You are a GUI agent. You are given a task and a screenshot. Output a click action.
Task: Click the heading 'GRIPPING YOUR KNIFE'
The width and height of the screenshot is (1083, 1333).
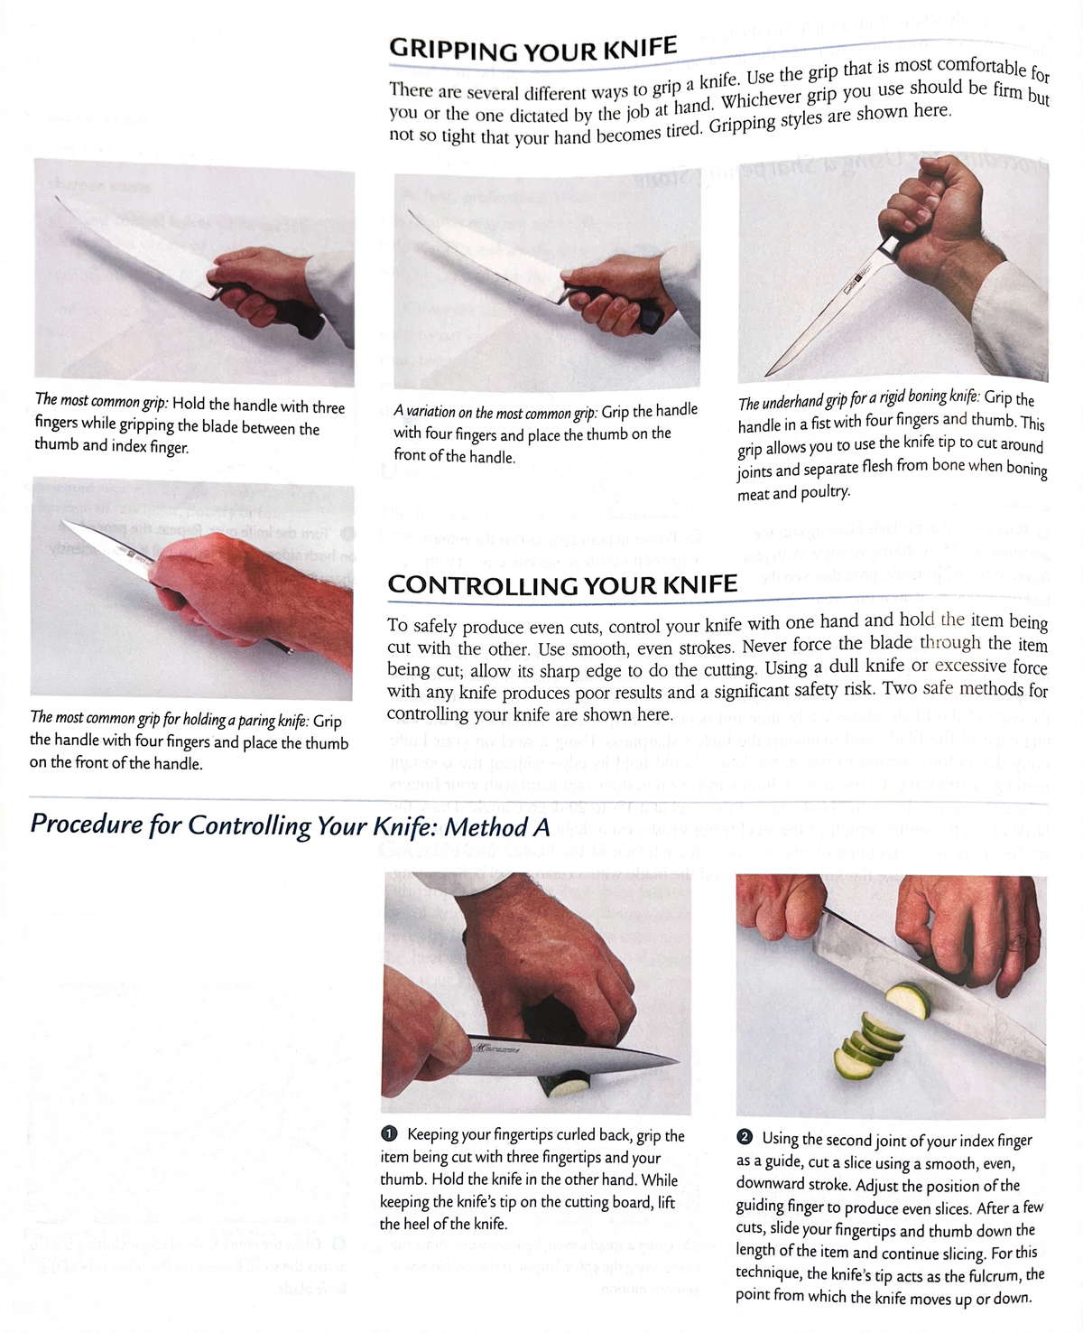[532, 49]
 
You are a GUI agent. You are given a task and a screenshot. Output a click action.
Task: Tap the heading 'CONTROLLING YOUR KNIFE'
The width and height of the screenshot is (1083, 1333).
[562, 585]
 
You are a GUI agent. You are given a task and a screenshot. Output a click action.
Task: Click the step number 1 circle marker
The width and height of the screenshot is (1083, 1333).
[390, 1134]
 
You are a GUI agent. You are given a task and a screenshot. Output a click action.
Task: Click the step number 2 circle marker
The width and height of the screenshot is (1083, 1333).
[745, 1139]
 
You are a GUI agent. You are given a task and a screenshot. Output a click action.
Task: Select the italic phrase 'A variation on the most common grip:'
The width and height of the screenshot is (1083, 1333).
[495, 413]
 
